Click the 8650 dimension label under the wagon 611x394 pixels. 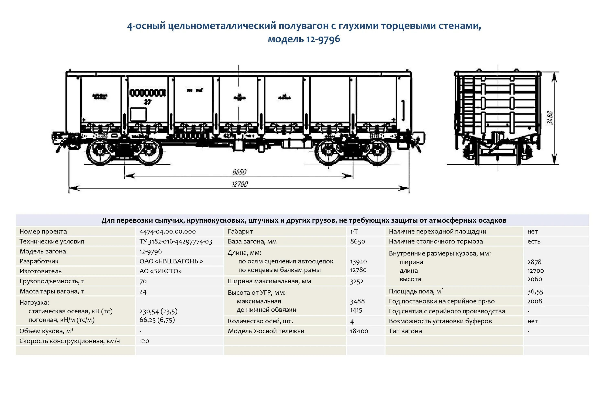239,172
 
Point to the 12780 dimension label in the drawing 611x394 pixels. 240,184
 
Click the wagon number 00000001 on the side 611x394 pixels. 148,93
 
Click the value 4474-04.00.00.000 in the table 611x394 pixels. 168,232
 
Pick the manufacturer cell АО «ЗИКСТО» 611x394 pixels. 160,271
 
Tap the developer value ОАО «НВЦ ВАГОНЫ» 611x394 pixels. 171,261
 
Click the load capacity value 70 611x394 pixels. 143,281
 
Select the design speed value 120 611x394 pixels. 144,341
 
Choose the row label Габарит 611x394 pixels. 240,232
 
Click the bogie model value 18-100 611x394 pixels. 359,331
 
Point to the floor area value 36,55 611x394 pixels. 535,291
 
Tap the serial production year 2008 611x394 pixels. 535,301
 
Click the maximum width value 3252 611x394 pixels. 357,281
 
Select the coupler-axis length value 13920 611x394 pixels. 358,261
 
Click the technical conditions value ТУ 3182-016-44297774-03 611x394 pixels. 176,242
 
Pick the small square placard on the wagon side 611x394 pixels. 138,114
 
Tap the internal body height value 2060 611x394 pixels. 535,279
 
